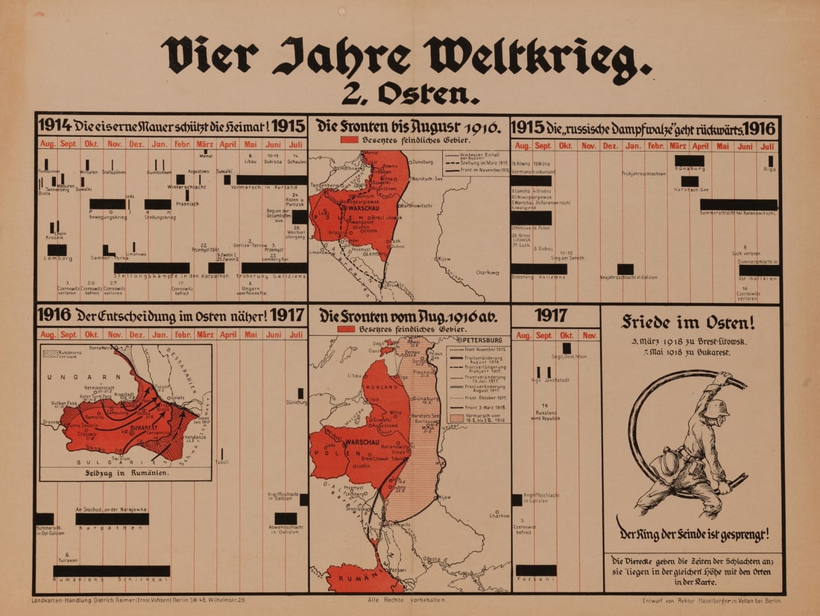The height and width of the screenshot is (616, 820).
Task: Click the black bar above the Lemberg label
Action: pyautogui.click(x=57, y=250)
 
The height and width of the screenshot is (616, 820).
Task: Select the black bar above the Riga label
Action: pyautogui.click(x=770, y=160)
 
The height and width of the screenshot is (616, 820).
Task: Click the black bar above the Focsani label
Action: pyautogui.click(x=535, y=570)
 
